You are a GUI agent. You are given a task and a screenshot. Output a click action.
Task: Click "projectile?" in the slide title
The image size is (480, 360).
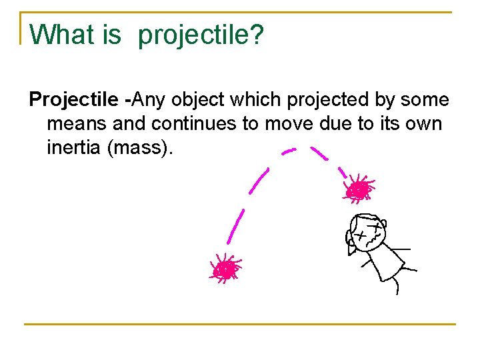coord(201,36)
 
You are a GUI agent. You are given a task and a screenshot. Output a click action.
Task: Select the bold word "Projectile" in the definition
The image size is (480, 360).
coord(75,100)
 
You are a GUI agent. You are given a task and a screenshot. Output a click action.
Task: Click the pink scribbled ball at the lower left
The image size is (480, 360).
coord(226,269)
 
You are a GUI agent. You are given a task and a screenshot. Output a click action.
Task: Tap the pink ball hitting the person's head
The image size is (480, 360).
coord(359,190)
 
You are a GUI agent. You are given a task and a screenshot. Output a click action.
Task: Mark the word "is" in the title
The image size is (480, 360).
coord(112,35)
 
